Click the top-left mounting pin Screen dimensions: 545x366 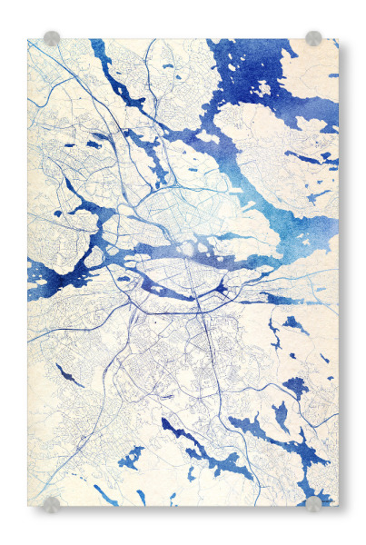coord(52,38)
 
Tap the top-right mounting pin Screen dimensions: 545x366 coord(313,38)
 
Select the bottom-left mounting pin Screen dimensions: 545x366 coord(52,503)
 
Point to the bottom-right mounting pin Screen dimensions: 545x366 coord(313,503)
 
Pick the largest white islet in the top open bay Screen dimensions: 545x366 coord(262,89)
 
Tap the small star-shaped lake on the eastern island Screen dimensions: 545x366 coord(317,194)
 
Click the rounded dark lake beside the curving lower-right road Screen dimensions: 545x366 coord(296,386)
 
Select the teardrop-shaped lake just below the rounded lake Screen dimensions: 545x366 coord(282,415)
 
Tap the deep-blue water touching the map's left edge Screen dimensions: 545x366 coord(41,272)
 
